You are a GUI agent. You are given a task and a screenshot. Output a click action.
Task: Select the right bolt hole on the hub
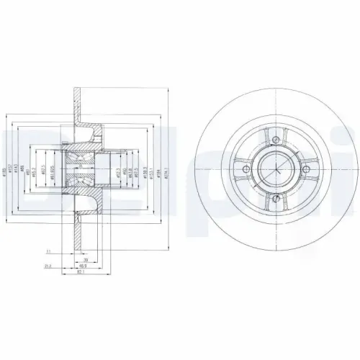click(307, 170)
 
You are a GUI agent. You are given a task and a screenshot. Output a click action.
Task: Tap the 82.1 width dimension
click(81, 273)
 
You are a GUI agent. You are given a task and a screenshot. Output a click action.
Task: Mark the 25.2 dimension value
click(46, 266)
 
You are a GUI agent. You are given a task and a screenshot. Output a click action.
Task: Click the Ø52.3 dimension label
click(117, 171)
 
